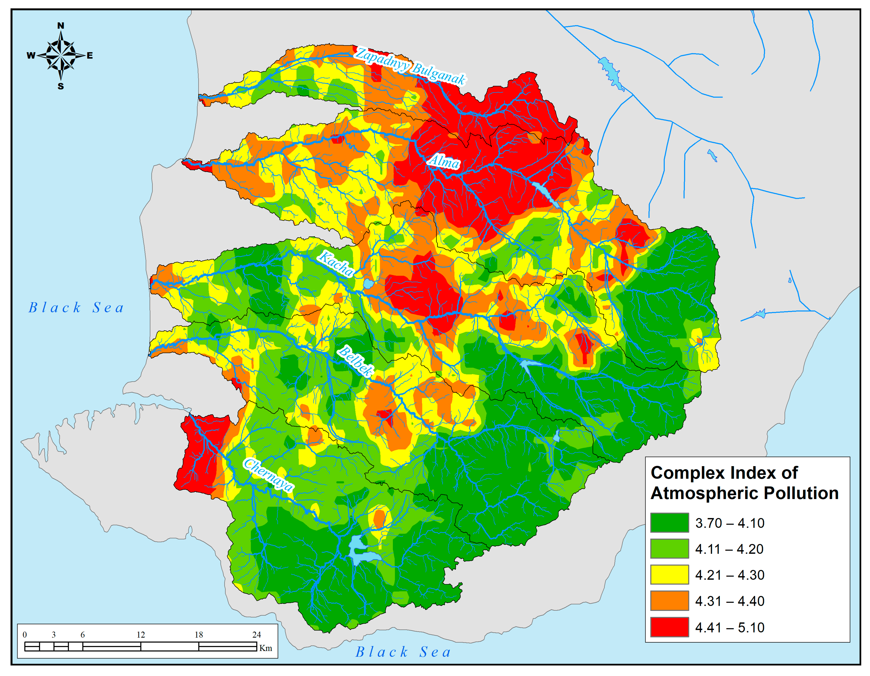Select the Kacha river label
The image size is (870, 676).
[x=336, y=263]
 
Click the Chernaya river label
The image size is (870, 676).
[x=268, y=475]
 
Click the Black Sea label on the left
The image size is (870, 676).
[x=76, y=308]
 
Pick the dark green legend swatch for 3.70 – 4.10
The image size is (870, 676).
[x=669, y=523]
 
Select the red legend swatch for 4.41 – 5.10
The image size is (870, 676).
[x=669, y=627]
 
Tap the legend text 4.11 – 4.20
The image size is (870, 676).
[x=729, y=549]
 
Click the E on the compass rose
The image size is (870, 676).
[x=90, y=56]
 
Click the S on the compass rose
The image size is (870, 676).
[x=61, y=86]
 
